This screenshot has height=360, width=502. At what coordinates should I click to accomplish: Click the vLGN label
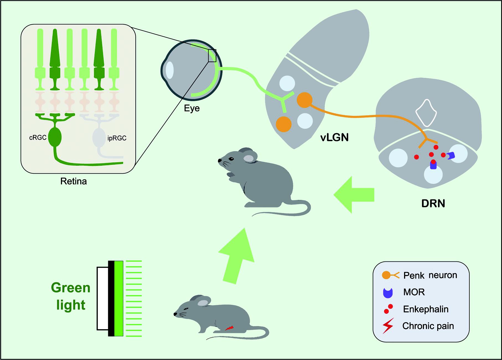(x=334, y=137)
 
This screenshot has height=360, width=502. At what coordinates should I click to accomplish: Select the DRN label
(x=433, y=204)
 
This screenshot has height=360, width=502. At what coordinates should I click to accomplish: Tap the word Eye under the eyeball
(x=192, y=108)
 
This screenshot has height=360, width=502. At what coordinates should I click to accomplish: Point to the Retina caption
(x=74, y=181)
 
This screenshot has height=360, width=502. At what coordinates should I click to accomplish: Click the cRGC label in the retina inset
(x=38, y=138)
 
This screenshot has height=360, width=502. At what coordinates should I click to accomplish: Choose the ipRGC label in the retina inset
(x=117, y=138)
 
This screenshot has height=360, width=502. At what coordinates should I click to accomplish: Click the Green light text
(x=71, y=296)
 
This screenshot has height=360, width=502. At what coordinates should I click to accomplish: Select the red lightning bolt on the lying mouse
(x=229, y=328)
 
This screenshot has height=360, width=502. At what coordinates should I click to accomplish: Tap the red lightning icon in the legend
(x=388, y=326)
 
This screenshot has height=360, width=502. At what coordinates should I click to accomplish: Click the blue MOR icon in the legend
(x=388, y=293)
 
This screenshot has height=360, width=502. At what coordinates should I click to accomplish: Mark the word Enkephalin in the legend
(x=426, y=309)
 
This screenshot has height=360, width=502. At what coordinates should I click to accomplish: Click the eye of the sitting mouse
(x=231, y=159)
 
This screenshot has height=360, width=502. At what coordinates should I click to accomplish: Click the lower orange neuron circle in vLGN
(x=284, y=124)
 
